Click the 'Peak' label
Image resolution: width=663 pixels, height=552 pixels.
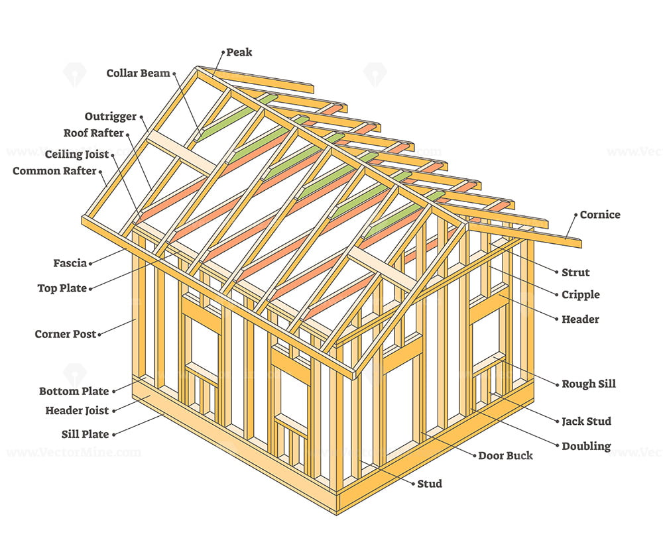point(239,52)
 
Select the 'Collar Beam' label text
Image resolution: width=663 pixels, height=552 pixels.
point(139,74)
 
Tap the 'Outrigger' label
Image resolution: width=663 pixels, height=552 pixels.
point(111,117)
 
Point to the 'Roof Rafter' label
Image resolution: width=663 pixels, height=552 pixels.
point(93,133)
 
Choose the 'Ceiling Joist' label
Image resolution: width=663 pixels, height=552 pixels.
point(77,154)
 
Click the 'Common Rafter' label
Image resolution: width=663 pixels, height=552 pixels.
point(54,171)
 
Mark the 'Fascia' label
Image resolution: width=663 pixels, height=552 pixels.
point(70,263)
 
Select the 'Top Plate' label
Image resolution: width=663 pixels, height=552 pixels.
point(62,288)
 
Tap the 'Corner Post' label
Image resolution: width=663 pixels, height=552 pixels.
point(66,335)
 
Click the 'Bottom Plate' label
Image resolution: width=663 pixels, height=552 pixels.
point(74,392)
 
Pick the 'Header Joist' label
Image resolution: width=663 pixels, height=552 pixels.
point(77,411)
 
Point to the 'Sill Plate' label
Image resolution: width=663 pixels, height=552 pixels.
point(86,435)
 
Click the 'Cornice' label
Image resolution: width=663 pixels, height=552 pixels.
point(600,215)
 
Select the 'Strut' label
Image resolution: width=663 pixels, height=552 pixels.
point(575,272)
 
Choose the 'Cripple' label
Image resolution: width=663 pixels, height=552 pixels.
point(581,295)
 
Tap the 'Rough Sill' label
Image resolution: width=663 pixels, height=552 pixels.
point(589,384)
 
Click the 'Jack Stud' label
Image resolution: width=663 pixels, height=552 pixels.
point(587,421)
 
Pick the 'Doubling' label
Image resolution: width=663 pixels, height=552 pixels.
point(586,447)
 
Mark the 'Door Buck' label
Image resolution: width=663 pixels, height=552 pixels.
point(505,456)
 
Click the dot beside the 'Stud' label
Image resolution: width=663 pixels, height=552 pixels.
point(414,484)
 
